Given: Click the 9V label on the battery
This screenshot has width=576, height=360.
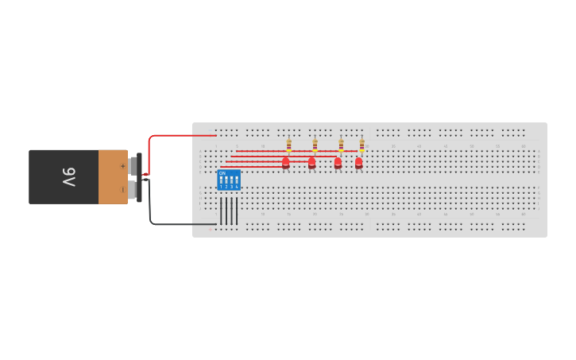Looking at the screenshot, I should tap(68, 177).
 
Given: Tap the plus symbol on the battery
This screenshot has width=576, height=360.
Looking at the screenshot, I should tap(122, 165).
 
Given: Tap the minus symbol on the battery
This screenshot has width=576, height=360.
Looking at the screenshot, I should tap(122, 189).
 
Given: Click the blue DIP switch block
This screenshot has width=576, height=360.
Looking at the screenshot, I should tap(229, 179).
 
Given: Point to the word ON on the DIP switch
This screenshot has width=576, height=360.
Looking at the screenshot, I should tap(222, 172).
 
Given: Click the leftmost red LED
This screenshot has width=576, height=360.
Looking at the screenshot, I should tap(286, 162).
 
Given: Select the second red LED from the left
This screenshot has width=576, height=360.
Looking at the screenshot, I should tap(311, 162).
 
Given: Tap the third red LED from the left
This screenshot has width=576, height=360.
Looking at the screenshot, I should tap(338, 162).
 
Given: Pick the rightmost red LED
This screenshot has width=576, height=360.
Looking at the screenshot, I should tap(358, 162).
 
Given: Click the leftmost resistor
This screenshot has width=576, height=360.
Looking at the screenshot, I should tap(288, 145).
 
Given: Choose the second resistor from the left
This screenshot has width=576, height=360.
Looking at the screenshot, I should tap(315, 145).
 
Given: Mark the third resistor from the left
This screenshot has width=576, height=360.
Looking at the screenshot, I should tap(341, 145).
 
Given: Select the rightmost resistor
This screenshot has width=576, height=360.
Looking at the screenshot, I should tap(361, 145).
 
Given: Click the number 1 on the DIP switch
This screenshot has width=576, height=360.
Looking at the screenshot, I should tap(222, 187).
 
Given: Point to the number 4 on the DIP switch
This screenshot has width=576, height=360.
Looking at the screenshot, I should tap(237, 187).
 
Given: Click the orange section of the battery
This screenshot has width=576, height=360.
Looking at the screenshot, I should tap(113, 177).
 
